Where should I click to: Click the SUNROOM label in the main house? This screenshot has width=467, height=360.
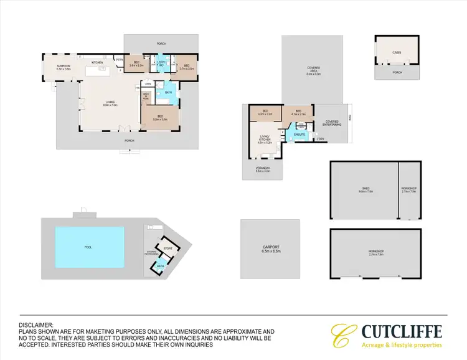[x=62, y=65]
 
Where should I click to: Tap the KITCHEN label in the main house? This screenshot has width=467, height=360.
[x=97, y=63]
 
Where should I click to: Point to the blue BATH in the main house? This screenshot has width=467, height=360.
[x=168, y=93]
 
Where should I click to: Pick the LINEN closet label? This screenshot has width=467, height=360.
[x=148, y=84]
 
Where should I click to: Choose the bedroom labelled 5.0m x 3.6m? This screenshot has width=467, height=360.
[x=160, y=118]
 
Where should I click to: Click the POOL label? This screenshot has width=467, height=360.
[x=88, y=247]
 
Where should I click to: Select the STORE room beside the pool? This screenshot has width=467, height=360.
[x=167, y=248]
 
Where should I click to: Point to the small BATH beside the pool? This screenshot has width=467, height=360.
[x=160, y=266]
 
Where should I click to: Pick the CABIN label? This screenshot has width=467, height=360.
[x=397, y=54]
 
